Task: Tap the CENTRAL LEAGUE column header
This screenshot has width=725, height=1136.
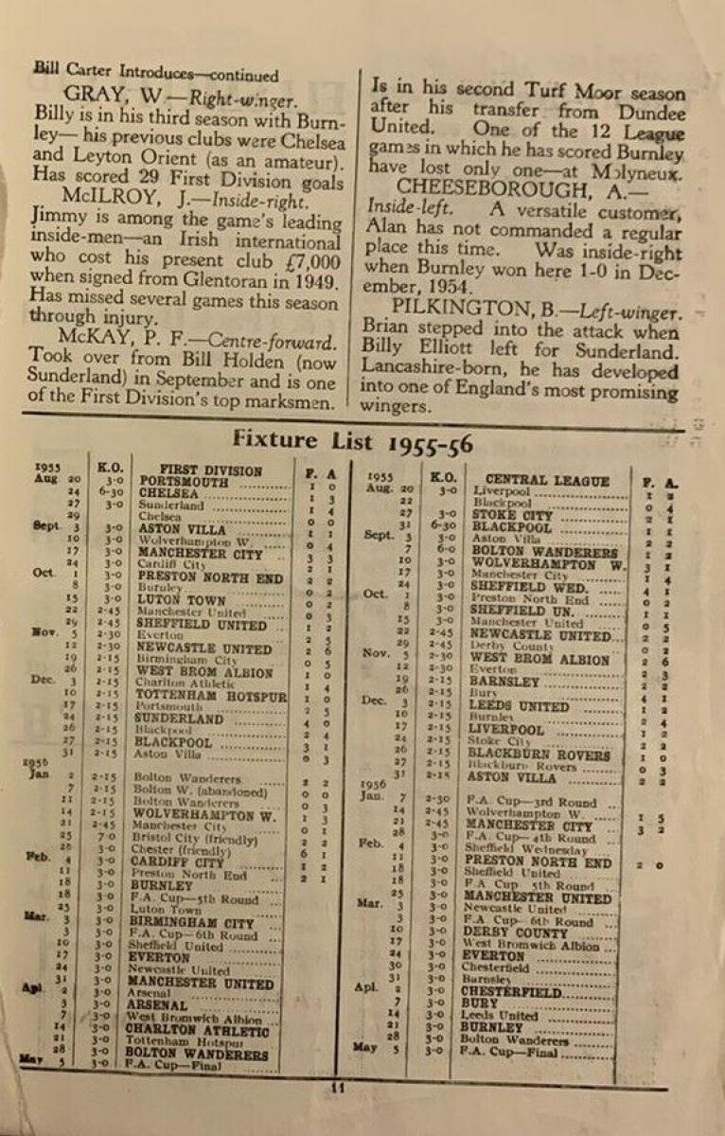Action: click(547, 481)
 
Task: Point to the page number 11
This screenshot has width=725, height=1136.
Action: click(338, 1088)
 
